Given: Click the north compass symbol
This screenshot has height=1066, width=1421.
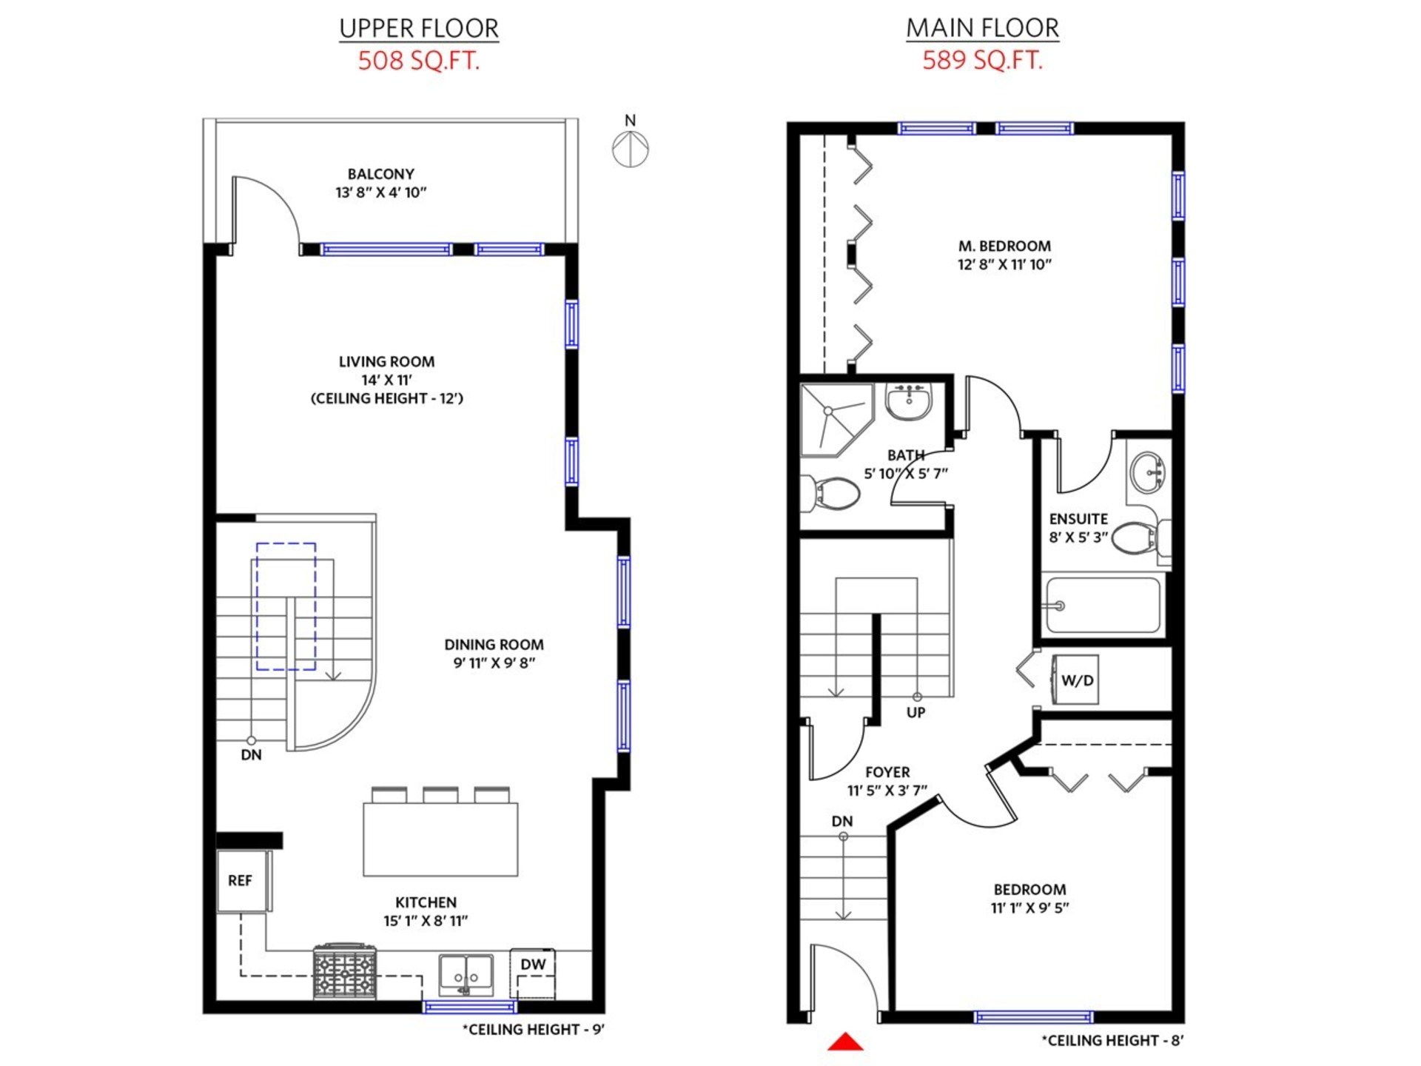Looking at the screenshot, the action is click(630, 148).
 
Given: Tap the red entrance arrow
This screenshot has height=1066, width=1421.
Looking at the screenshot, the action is click(845, 1042).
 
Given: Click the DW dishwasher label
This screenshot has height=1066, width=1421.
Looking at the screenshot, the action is click(533, 965).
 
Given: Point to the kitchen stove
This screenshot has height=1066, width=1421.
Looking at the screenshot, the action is click(345, 971).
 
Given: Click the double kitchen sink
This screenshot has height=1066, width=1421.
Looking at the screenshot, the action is click(466, 976).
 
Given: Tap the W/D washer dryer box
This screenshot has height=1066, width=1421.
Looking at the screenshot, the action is click(1075, 680).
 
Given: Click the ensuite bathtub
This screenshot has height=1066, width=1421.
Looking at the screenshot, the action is click(1103, 606).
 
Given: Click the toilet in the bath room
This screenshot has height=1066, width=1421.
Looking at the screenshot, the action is click(831, 493).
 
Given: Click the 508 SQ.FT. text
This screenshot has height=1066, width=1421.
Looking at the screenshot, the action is click(419, 60).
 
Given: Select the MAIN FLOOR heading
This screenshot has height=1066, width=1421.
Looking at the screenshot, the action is click(982, 27).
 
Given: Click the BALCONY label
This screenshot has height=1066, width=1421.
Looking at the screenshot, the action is click(381, 174).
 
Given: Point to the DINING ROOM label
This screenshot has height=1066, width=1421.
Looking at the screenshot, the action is click(494, 645).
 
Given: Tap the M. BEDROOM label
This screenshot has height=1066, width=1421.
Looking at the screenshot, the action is click(1004, 246).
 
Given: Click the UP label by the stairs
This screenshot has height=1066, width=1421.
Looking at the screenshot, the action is click(916, 713).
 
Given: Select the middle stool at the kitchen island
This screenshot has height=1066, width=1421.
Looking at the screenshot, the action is click(440, 795).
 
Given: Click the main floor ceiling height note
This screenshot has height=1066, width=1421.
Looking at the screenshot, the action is click(1112, 1041).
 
